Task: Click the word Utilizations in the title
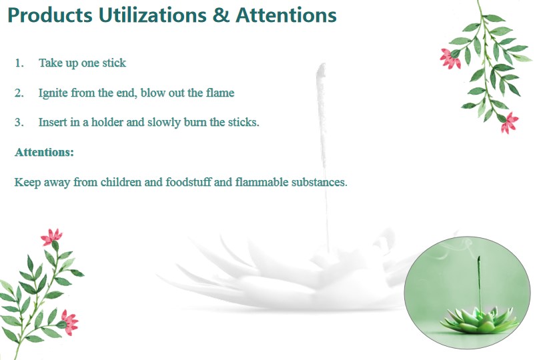tap(153, 15)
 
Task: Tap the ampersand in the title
tap(221, 15)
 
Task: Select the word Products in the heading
tap(50, 15)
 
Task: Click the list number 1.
tap(19, 63)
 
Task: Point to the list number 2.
tap(19, 93)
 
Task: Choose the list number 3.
tap(19, 122)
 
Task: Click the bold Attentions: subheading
tap(44, 152)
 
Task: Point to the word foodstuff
tap(188, 182)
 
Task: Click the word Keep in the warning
tap(27, 183)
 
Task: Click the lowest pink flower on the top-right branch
tap(509, 123)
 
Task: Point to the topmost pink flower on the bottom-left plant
tap(51, 237)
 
